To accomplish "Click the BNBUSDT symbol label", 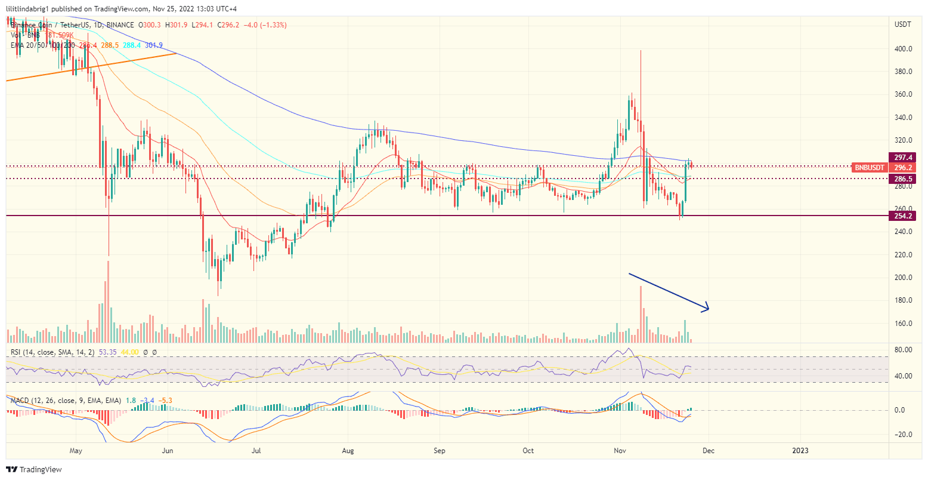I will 869,168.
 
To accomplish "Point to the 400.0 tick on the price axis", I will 904,49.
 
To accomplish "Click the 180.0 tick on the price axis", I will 904,300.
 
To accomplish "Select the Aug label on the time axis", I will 348,451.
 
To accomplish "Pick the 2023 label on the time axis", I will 800,451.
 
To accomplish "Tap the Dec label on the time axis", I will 708,451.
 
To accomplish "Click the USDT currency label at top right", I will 903,24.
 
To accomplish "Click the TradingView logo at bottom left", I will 34,470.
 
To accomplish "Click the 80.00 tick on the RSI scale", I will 904,349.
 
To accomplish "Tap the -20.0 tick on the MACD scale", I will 904,435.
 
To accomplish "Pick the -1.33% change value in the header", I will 273,25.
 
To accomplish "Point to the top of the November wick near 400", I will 641,51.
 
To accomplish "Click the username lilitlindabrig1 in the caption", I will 32,8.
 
